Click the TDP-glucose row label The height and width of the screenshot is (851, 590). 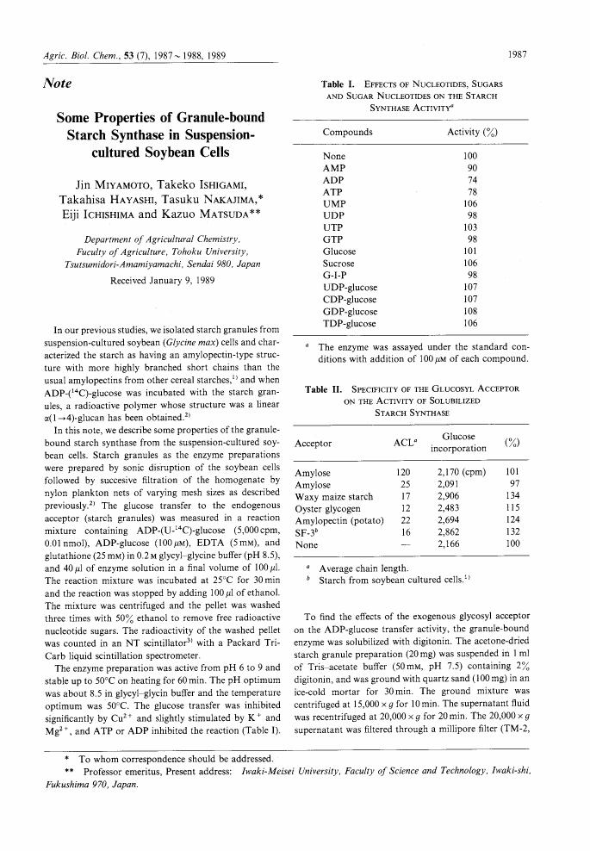350,323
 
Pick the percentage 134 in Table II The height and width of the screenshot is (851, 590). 514,497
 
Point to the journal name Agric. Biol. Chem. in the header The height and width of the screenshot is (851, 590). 80,55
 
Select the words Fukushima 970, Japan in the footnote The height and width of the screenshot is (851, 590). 90,786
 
